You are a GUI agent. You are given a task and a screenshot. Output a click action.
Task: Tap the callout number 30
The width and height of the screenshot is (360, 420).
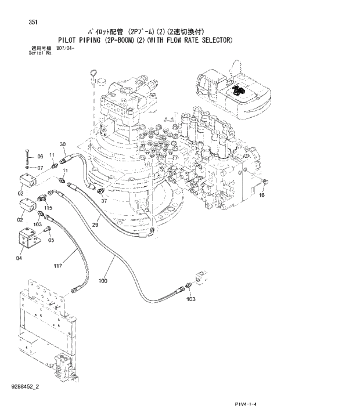(x=63, y=144)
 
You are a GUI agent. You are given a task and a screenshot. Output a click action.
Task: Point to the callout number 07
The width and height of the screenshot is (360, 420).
(x=40, y=168)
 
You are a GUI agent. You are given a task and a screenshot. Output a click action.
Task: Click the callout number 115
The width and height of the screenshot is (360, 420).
(x=49, y=208)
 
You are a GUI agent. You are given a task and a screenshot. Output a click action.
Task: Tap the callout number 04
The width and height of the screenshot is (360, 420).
(x=19, y=258)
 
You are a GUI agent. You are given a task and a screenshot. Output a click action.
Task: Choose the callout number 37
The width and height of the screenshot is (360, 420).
(x=105, y=201)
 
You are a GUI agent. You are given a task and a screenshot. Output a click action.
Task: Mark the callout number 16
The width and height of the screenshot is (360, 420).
(x=262, y=196)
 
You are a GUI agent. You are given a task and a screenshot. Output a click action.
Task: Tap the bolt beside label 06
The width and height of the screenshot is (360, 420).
(x=27, y=156)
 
